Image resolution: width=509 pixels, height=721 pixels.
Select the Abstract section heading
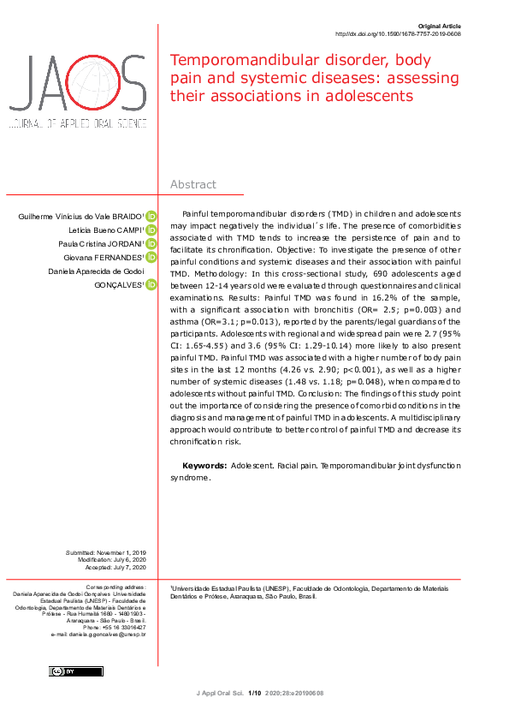pos(193,185)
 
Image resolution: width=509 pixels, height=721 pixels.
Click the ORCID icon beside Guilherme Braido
pos(151,217)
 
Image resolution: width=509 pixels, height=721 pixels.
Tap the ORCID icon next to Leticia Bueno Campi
pos(151,230)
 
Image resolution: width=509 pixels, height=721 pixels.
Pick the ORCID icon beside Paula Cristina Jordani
pos(151,244)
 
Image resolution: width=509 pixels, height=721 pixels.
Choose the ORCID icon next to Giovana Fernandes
pos(151,257)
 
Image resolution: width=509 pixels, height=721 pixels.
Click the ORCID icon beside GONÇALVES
pos(151,284)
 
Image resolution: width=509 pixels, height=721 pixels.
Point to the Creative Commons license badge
pos(76,670)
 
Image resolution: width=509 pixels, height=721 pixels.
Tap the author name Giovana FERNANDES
pos(103,257)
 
